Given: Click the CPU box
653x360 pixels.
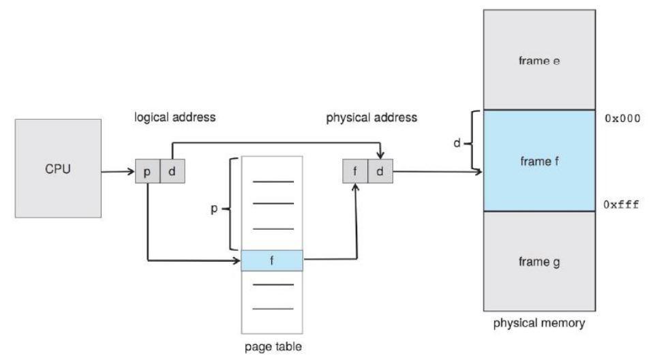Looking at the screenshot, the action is click(58, 168).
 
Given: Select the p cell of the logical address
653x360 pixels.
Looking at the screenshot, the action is click(147, 171).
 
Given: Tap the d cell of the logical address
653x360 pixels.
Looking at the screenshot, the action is click(172, 171).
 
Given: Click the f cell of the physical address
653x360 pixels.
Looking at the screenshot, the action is click(355, 171).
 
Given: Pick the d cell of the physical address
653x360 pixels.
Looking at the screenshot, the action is click(380, 171).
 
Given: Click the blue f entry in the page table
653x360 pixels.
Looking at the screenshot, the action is click(272, 260).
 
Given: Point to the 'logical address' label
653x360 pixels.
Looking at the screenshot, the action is click(175, 117).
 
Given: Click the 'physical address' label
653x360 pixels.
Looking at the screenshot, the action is click(371, 118).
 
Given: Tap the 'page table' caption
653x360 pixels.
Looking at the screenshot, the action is click(273, 346).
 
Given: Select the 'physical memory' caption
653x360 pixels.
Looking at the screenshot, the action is click(539, 323).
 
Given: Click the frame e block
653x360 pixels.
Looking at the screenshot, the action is click(539, 60).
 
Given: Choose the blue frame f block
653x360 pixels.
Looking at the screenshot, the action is click(539, 161).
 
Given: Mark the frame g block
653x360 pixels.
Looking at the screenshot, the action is click(539, 261).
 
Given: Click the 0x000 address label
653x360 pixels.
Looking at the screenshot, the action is click(622, 119).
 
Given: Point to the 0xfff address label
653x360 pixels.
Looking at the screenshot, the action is click(622, 204).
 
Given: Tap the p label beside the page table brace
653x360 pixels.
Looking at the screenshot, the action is click(214, 209).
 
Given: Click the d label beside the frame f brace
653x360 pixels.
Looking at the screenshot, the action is click(457, 143).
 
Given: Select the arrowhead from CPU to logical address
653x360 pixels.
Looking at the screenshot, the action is click(132, 171).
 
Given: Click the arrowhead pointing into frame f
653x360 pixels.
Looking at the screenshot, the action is click(479, 171).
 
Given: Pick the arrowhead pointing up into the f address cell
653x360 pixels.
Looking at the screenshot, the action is click(355, 187).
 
